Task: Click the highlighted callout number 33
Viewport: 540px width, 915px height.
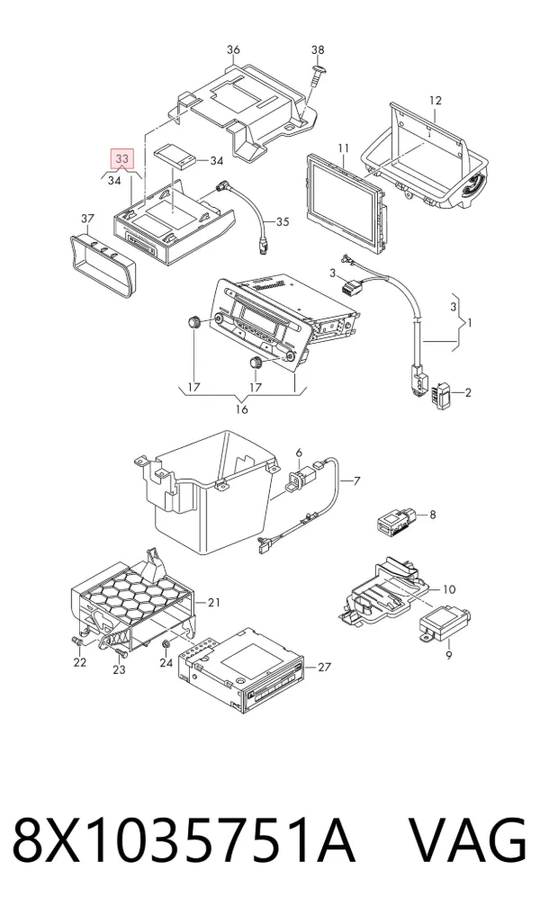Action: (122, 158)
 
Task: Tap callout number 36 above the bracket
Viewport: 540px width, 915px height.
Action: (233, 49)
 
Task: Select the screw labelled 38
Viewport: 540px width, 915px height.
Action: (318, 74)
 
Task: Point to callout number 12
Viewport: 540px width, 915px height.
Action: (435, 101)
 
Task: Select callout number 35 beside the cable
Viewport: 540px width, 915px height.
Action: (283, 221)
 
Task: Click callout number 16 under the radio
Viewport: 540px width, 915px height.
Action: (241, 409)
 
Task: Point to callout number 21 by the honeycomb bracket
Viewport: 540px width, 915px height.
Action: (213, 602)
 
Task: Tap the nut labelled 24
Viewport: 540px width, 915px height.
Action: (166, 643)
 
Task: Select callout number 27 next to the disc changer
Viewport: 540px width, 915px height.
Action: (325, 667)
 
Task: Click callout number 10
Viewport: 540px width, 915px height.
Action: (449, 589)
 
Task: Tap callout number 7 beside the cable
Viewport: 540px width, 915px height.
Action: (356, 480)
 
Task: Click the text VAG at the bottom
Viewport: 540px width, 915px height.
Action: (467, 841)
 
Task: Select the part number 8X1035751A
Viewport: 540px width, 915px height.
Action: (184, 841)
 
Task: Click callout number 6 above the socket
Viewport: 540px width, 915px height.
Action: (298, 453)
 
